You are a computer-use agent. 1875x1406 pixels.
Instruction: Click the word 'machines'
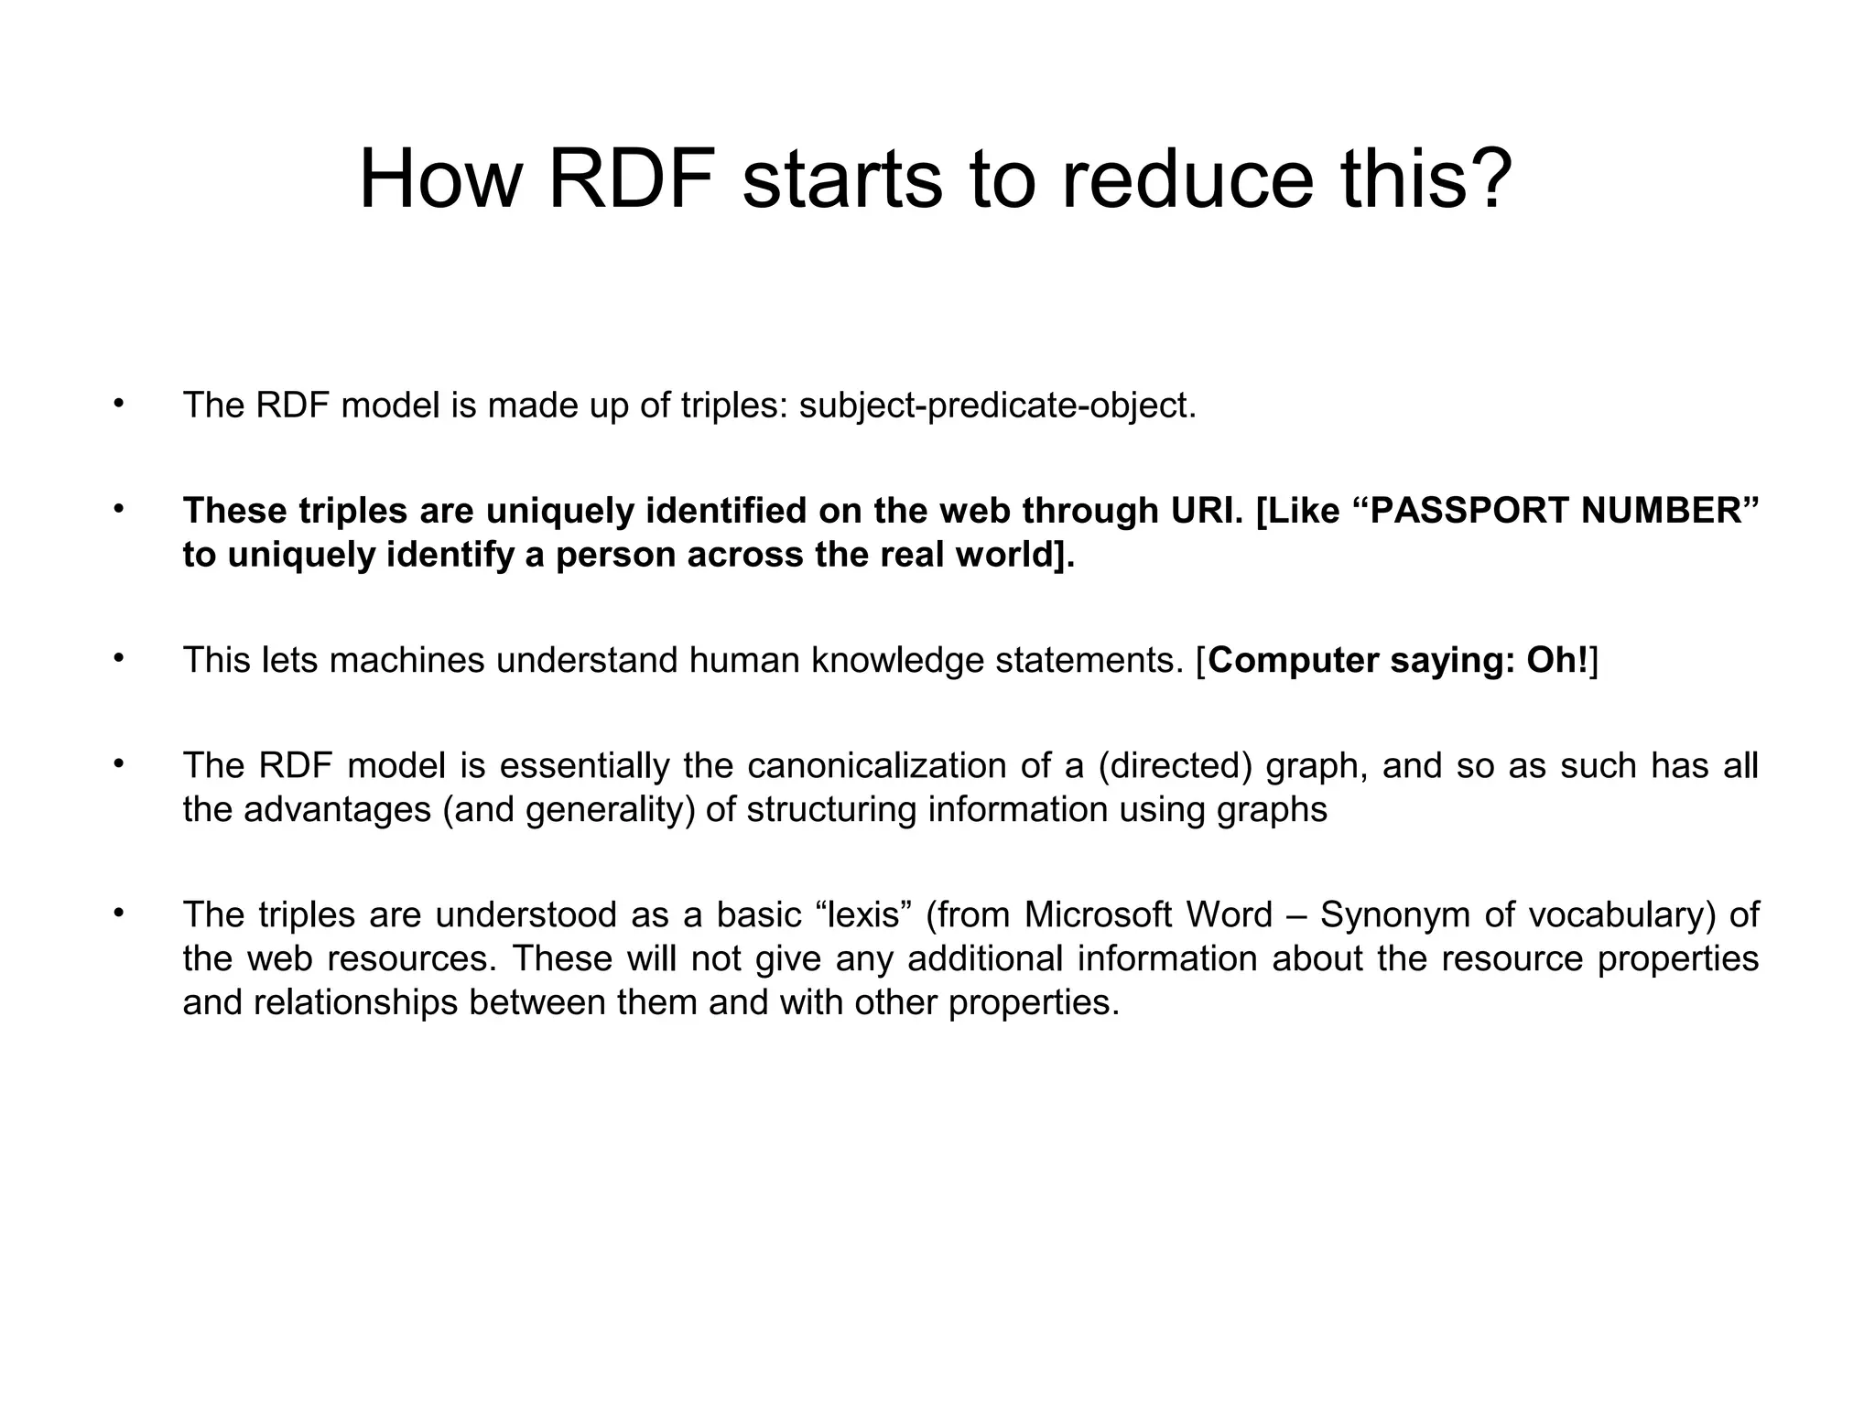(406, 660)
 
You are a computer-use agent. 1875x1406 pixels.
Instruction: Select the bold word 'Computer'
(1294, 660)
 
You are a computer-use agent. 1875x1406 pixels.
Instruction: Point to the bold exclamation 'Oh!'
(1557, 660)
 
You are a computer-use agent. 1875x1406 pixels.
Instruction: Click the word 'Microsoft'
(1098, 915)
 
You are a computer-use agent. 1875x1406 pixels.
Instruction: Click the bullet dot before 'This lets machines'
(117, 657)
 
